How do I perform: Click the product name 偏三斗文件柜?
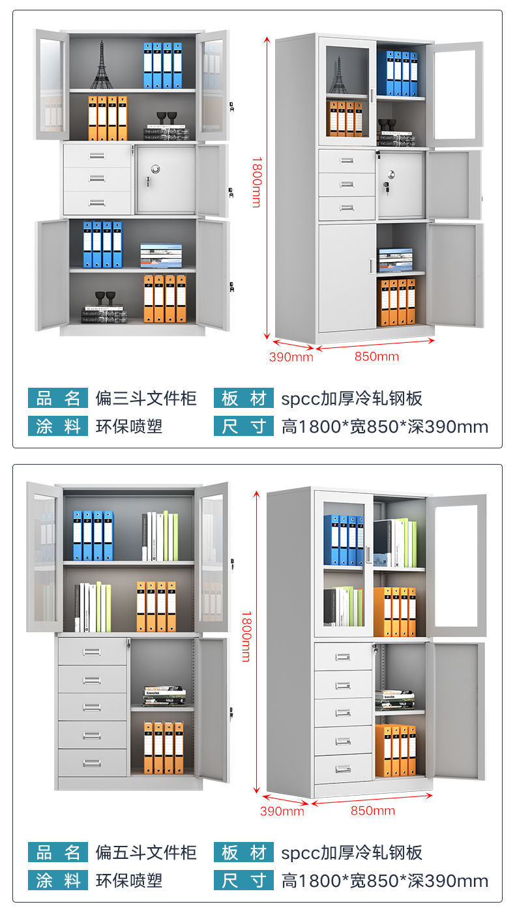coord(146,398)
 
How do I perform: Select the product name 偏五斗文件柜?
coord(146,852)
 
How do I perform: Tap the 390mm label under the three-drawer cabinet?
coord(291,356)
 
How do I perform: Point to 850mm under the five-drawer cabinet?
coord(373,810)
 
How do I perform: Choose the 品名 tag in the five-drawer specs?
coord(57,852)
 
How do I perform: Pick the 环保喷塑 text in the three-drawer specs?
coord(129,427)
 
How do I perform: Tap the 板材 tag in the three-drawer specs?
coord(243,398)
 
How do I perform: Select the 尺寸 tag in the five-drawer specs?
coord(243,881)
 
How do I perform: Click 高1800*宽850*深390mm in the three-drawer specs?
coord(385,427)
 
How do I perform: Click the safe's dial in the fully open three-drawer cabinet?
coord(155,168)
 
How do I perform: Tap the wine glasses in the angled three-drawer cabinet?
coord(387,124)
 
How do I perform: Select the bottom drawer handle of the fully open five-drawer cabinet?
coord(92,762)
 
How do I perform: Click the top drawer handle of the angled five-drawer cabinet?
coord(343,657)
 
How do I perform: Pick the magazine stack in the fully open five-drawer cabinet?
coord(164,695)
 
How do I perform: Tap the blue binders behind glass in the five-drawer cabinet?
coord(344,540)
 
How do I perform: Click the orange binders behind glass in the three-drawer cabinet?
coord(346,118)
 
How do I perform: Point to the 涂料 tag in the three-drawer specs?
coord(57,427)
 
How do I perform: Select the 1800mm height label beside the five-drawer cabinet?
coord(246,635)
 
